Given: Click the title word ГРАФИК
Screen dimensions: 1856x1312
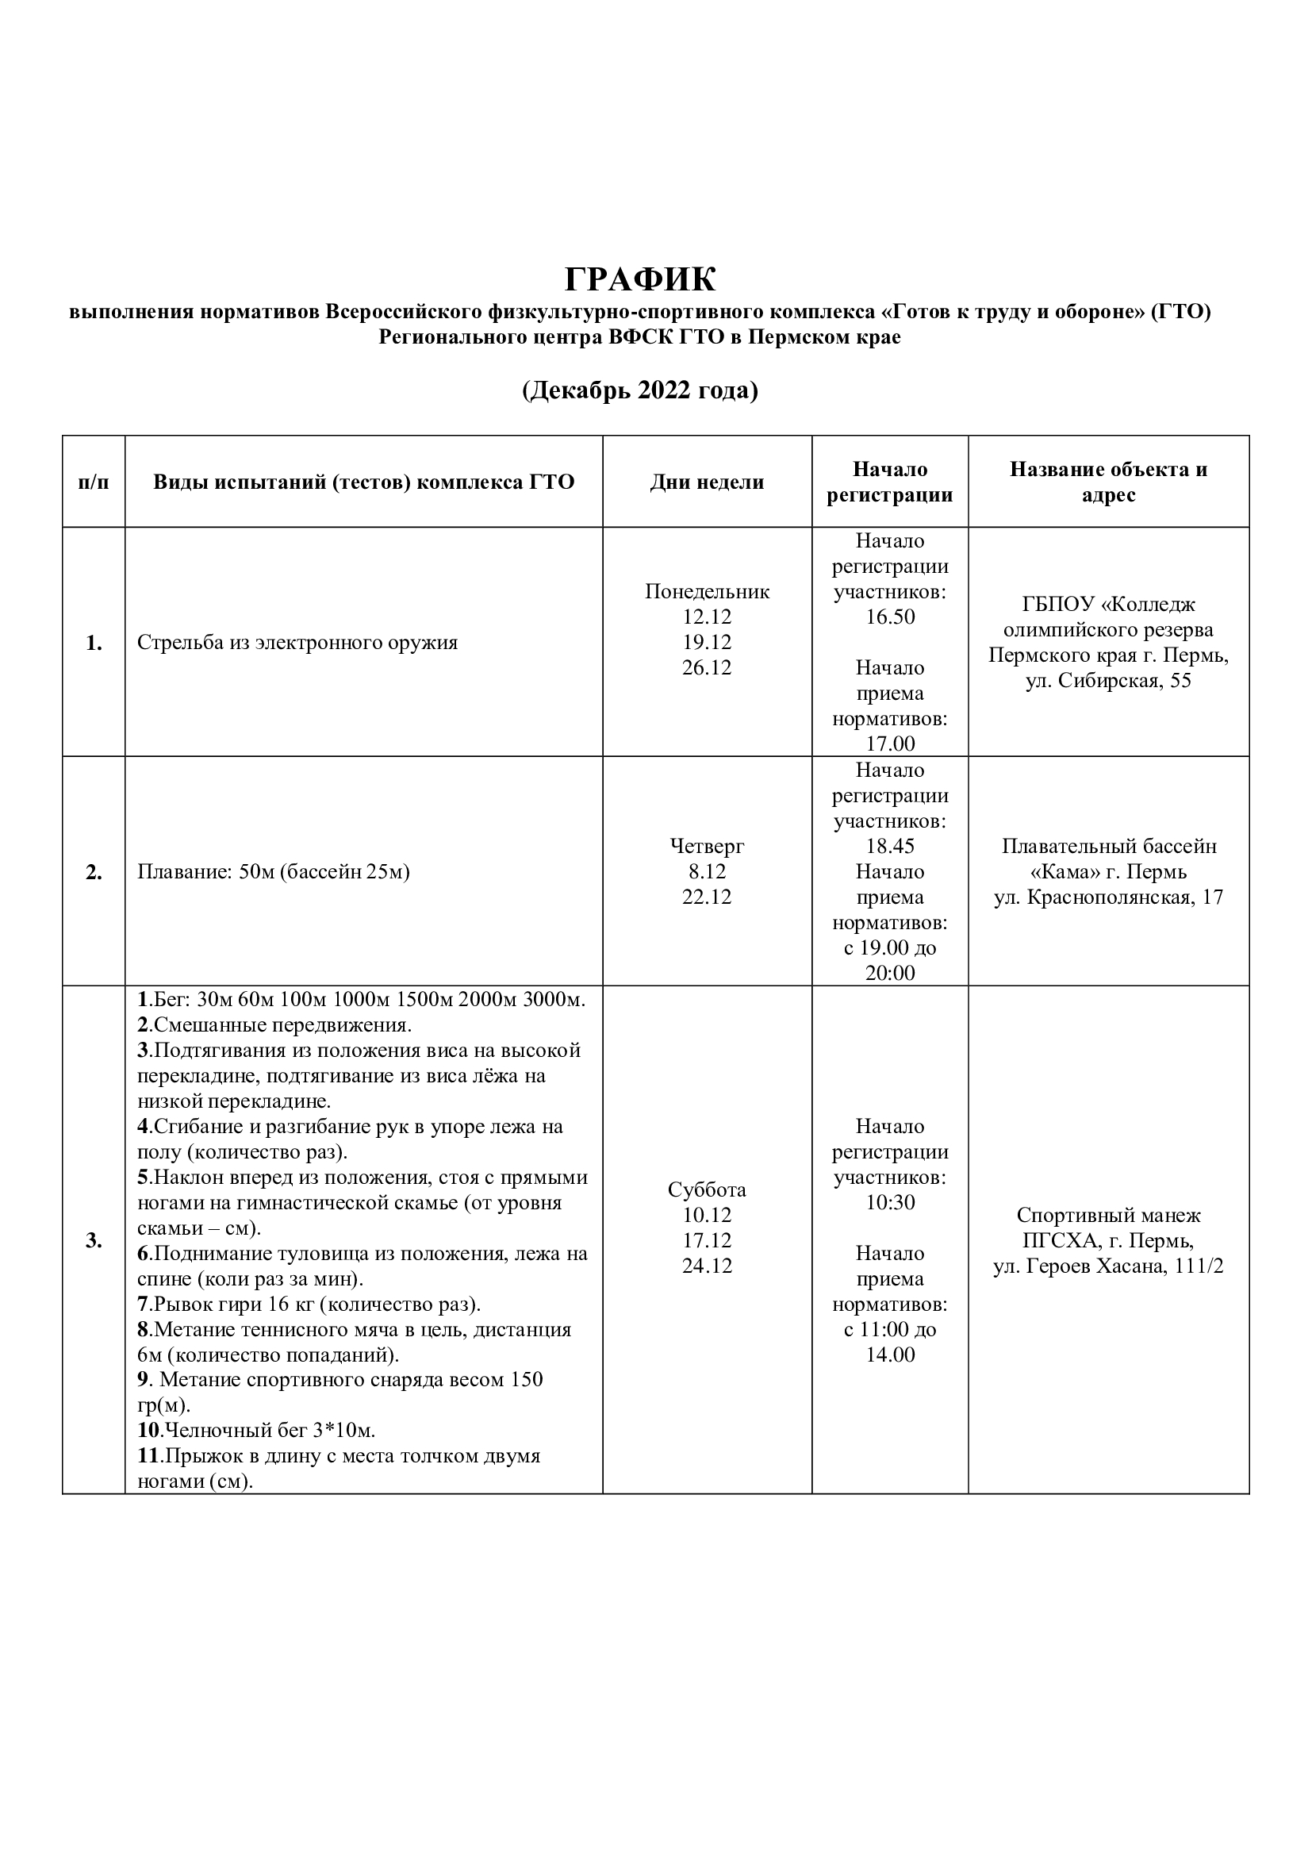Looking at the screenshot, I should (x=640, y=279).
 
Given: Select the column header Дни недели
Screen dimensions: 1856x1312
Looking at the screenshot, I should (x=707, y=482).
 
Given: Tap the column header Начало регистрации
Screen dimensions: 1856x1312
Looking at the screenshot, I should (x=889, y=482).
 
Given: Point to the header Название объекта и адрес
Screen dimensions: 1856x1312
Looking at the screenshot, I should (x=1108, y=482).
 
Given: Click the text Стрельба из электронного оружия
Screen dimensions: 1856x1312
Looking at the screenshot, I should (x=297, y=643).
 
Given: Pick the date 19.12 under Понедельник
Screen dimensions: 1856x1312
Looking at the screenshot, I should (x=707, y=643).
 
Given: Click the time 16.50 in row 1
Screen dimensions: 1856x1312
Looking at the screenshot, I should (x=890, y=617).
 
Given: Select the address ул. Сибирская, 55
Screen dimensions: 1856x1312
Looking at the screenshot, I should (x=1108, y=681).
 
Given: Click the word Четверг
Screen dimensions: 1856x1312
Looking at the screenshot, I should (x=707, y=847).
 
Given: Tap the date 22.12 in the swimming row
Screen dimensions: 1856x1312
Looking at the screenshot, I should (x=707, y=897).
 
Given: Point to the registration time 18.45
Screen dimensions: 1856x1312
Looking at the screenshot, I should (x=890, y=847).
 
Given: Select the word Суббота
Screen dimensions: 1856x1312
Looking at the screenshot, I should (x=707, y=1190).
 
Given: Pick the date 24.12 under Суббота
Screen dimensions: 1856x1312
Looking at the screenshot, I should (x=707, y=1266).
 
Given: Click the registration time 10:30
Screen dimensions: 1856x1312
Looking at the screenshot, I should (x=890, y=1203).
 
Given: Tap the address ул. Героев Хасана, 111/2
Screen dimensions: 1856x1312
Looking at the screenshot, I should (x=1108, y=1266).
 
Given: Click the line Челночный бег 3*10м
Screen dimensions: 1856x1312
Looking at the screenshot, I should (x=257, y=1430).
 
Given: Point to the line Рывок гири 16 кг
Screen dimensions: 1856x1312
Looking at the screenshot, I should (x=309, y=1304).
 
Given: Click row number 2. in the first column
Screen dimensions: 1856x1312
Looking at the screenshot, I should (x=94, y=872).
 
